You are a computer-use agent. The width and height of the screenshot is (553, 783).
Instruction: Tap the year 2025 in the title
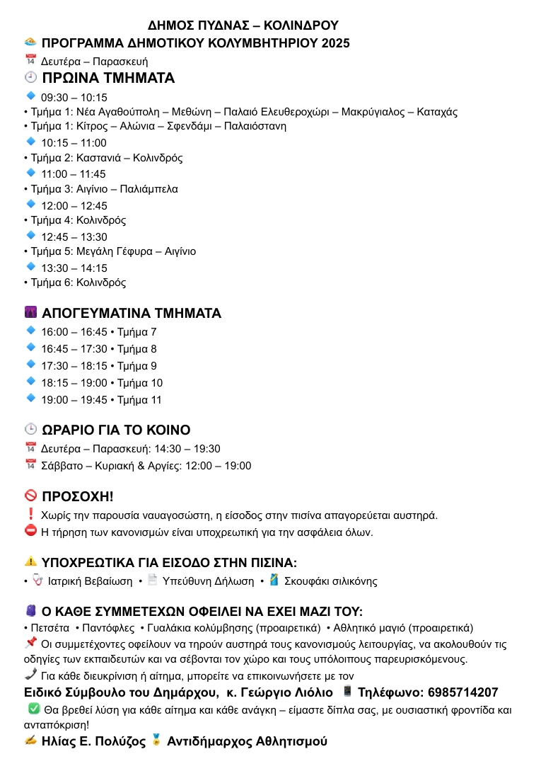click(335, 43)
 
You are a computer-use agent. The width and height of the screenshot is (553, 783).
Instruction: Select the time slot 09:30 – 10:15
click(74, 98)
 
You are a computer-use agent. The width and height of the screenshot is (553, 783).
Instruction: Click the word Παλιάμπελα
click(149, 189)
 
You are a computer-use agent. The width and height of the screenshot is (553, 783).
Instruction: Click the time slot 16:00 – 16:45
click(74, 332)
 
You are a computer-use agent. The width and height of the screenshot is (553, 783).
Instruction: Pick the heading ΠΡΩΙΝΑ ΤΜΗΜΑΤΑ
click(108, 78)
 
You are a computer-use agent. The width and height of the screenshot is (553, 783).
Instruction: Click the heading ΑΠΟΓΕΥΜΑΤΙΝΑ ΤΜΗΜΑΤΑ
click(131, 313)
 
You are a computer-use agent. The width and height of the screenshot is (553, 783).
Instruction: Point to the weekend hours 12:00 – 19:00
click(219, 466)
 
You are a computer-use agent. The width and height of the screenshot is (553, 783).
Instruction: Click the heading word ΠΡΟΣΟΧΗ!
click(78, 496)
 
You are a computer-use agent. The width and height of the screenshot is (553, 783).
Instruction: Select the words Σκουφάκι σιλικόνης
click(330, 581)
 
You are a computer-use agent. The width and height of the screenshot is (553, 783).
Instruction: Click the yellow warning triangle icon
click(30, 562)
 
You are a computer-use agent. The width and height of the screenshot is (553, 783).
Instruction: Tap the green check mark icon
click(33, 709)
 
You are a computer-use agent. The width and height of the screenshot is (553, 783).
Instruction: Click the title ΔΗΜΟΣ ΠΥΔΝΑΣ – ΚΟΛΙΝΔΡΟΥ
click(243, 26)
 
